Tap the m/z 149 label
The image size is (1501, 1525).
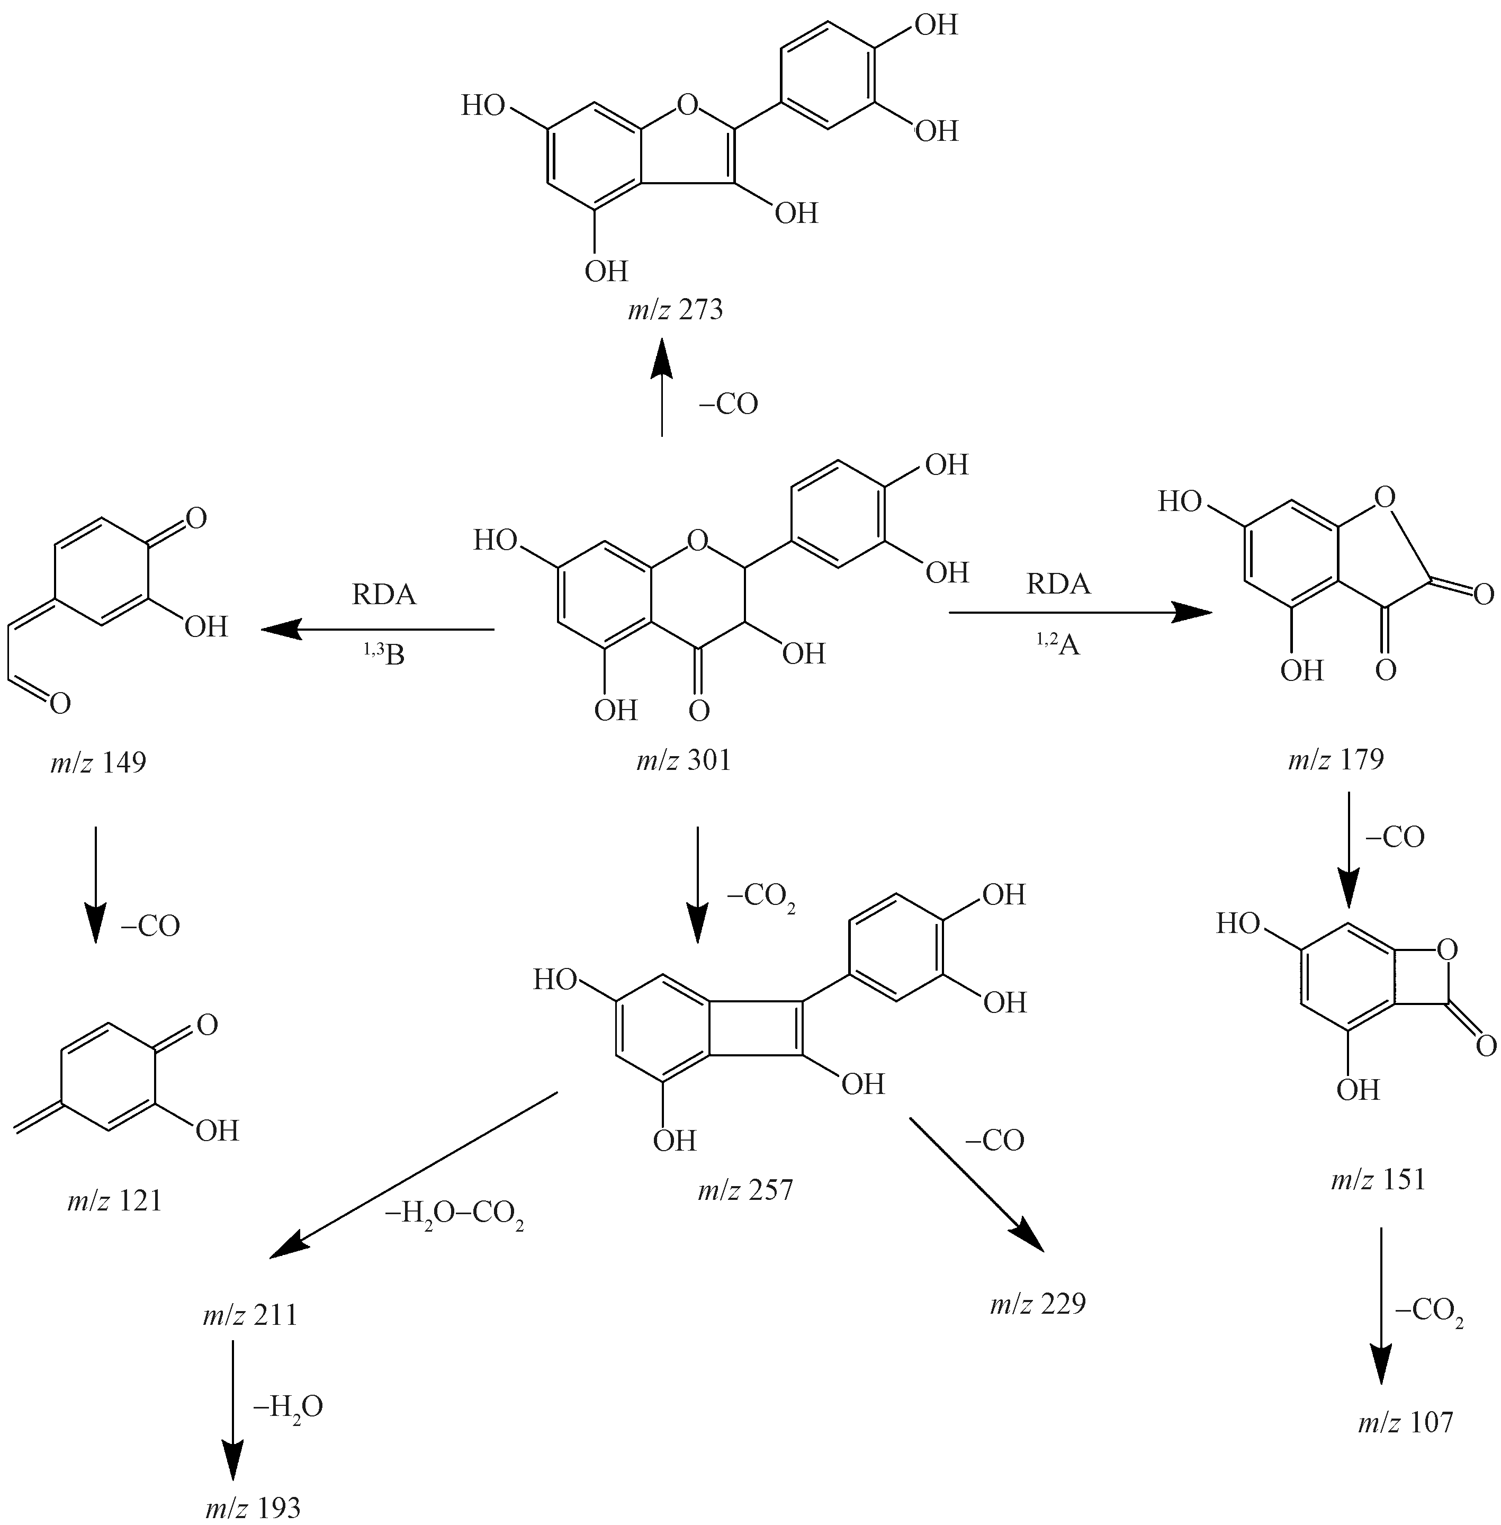98,762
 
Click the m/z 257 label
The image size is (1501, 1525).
744,1190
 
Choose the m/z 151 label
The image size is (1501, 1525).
1378,1179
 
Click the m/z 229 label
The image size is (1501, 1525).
1037,1304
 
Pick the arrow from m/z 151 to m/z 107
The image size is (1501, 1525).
1380,1315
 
